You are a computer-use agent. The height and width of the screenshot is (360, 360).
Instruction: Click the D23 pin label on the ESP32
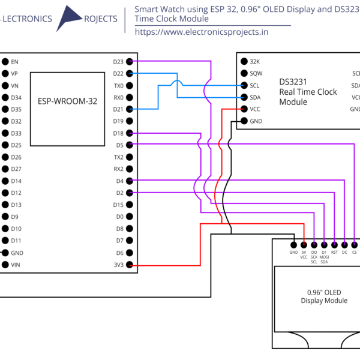118,61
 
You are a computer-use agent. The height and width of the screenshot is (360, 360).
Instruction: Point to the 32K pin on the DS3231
255,61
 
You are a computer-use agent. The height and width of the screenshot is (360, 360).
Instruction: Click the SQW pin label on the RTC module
256,73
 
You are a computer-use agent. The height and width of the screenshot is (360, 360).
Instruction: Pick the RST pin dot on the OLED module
334,244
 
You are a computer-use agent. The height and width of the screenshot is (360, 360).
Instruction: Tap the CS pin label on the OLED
355,253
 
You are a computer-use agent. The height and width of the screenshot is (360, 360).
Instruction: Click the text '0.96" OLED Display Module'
323,296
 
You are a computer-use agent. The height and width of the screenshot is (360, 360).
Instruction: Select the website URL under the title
202,32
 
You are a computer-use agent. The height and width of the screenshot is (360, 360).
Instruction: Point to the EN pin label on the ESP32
14,61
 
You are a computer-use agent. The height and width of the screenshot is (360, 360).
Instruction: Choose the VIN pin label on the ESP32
15,265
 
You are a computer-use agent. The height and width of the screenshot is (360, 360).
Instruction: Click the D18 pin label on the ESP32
118,133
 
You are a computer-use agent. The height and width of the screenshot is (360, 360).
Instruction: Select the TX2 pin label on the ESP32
118,157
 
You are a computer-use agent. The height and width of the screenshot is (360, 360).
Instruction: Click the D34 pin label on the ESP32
16,97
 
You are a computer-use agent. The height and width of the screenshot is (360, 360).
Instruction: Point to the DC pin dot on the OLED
344,244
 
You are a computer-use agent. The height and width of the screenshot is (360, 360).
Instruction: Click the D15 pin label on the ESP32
118,205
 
